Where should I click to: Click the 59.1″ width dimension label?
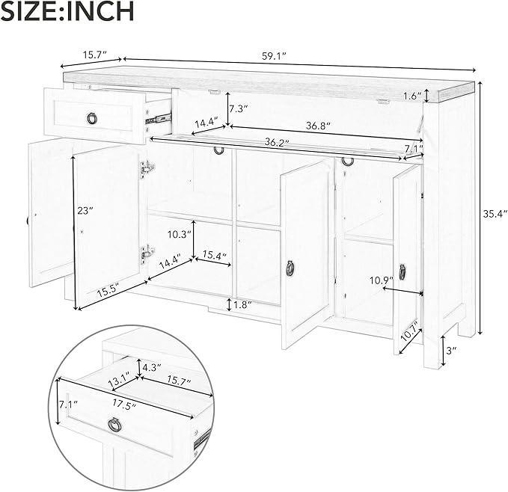pyautogui.click(x=274, y=57)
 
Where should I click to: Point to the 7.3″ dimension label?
pyautogui.click(x=238, y=108)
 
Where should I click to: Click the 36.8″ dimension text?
pyautogui.click(x=318, y=126)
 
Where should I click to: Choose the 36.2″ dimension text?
pyautogui.click(x=277, y=142)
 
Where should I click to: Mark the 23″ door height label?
pyautogui.click(x=85, y=211)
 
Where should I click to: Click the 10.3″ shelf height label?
pyautogui.click(x=179, y=234)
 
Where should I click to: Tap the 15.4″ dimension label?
pyautogui.click(x=214, y=256)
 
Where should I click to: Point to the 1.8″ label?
pyautogui.click(x=242, y=304)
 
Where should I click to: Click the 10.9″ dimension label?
pyautogui.click(x=382, y=280)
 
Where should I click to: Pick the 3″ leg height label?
pyautogui.click(x=451, y=350)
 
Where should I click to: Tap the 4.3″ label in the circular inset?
pyautogui.click(x=152, y=368)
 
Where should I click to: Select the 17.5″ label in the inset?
pyautogui.click(x=124, y=405)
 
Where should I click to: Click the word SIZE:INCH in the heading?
pyautogui.click(x=67, y=11)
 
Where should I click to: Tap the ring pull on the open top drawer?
pyautogui.click(x=92, y=118)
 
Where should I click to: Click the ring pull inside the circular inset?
pyautogui.click(x=114, y=424)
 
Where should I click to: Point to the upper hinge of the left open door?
pyautogui.click(x=147, y=168)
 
